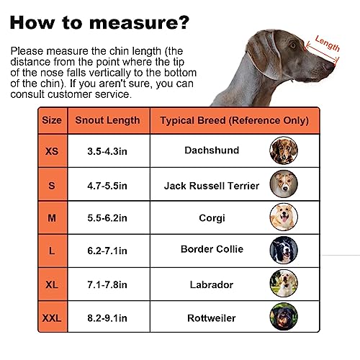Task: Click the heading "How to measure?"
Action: click(x=102, y=21)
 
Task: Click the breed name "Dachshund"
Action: click(x=211, y=151)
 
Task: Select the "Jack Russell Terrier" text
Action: click(x=211, y=186)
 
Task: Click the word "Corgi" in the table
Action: click(x=211, y=217)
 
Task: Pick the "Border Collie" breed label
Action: click(x=211, y=250)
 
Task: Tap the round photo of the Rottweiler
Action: click(x=283, y=317)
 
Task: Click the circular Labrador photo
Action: click(x=283, y=284)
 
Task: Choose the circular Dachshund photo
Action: click(x=283, y=151)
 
